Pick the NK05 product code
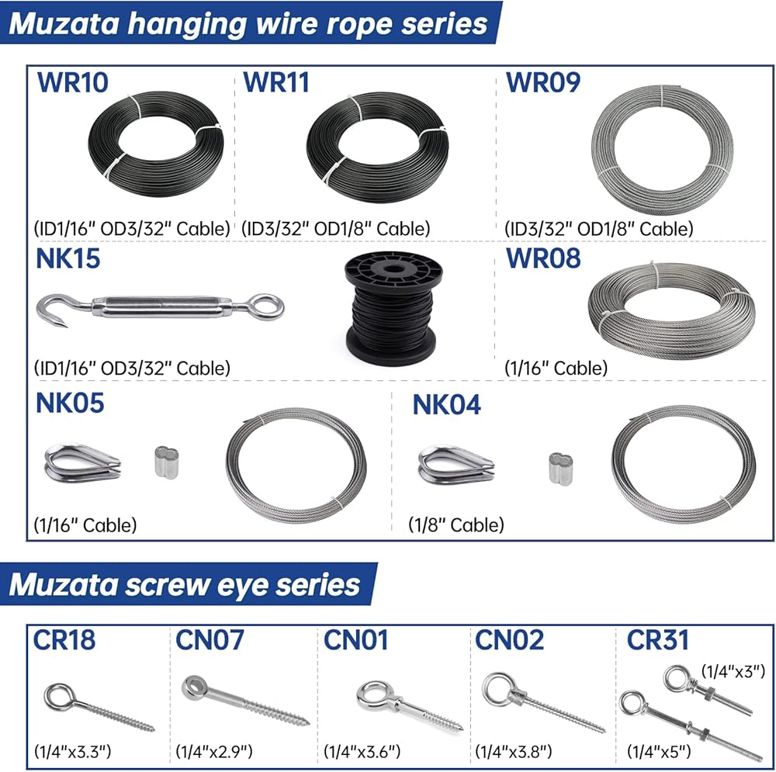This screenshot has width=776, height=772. pos(70,403)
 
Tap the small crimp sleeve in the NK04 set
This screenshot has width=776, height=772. pos(561,469)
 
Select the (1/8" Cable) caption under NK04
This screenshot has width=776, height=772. pos(456,524)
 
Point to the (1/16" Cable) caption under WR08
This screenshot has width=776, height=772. pos(556,368)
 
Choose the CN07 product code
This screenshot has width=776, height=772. pos(210,639)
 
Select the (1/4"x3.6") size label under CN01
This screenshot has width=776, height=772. pos(362,751)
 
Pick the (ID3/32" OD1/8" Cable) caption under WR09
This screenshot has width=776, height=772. pos(599,229)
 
